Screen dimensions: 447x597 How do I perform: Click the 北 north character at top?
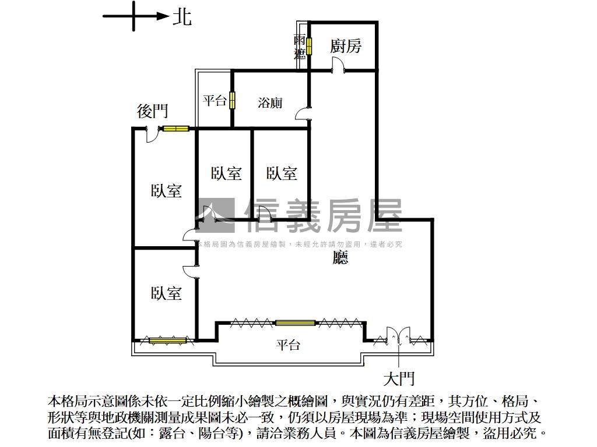(182, 17)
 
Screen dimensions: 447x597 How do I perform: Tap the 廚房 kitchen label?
(345, 46)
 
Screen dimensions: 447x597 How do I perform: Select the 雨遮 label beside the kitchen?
(300, 47)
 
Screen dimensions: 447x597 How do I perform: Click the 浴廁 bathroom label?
(270, 102)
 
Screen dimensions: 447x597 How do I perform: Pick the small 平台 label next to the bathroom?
(214, 100)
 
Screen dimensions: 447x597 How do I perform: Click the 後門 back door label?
(152, 111)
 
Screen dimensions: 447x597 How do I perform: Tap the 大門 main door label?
(399, 379)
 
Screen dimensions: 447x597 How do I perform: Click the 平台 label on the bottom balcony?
(288, 345)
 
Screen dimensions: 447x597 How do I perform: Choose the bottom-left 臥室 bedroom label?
(166, 293)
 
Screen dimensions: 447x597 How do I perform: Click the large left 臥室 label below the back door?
(166, 190)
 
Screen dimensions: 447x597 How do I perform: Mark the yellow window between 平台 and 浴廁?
(232, 100)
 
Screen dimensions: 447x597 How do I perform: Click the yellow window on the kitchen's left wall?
(309, 46)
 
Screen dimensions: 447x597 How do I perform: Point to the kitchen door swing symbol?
(338, 69)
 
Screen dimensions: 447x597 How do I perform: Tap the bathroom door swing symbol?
(302, 113)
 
